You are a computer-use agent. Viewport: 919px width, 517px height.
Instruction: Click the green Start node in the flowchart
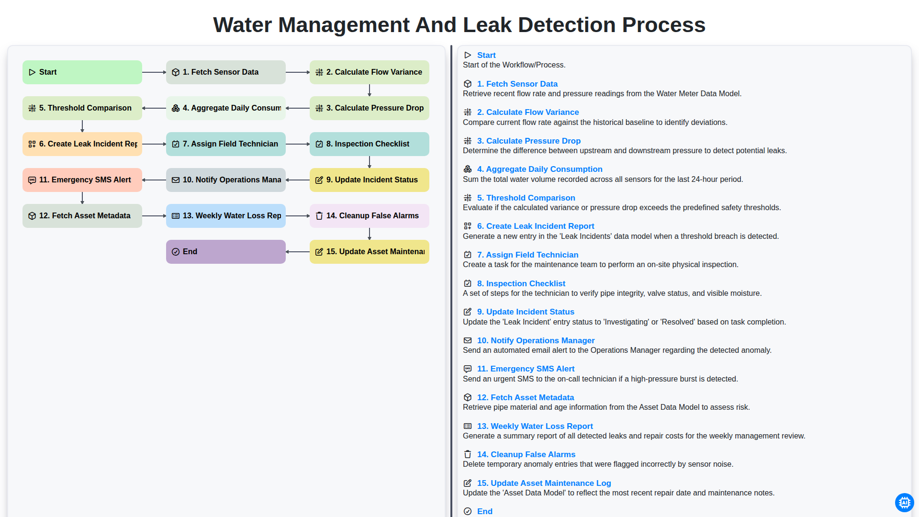[x=82, y=72]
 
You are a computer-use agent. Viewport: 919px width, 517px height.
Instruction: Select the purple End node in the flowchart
[x=226, y=252]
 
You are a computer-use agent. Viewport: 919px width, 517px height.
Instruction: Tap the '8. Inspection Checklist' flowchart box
[x=370, y=144]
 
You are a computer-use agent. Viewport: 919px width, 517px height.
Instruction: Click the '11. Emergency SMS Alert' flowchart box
[x=82, y=180]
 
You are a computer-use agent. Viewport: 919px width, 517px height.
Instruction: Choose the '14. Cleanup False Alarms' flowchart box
[x=370, y=216]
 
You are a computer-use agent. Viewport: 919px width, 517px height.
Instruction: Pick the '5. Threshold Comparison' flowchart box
[x=82, y=108]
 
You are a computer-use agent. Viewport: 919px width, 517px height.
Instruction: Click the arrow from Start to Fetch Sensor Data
[x=154, y=72]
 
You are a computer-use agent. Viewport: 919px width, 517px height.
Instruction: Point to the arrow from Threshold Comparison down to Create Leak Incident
[x=82, y=126]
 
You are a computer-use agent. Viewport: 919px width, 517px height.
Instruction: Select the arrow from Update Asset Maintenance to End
[x=298, y=252]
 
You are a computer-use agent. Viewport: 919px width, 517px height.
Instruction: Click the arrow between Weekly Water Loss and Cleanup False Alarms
[x=298, y=216]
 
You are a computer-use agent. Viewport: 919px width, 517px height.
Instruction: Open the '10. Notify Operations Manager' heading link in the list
[x=536, y=340]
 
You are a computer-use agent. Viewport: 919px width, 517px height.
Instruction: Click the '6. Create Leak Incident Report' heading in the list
[x=536, y=226]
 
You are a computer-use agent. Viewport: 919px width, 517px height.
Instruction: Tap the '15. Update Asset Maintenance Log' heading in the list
[x=544, y=483]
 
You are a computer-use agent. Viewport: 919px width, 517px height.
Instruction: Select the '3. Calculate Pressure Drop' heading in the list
[x=529, y=141]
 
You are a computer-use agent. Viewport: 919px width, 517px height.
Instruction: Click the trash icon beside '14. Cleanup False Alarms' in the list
[x=468, y=454]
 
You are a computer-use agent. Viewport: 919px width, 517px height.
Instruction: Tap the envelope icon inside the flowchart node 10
[x=176, y=180]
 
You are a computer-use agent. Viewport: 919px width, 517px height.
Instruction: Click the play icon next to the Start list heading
[x=468, y=55]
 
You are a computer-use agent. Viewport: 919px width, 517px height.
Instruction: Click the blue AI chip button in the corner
[x=904, y=503]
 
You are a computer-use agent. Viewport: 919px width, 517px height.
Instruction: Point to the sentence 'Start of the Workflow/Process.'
[x=514, y=65]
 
